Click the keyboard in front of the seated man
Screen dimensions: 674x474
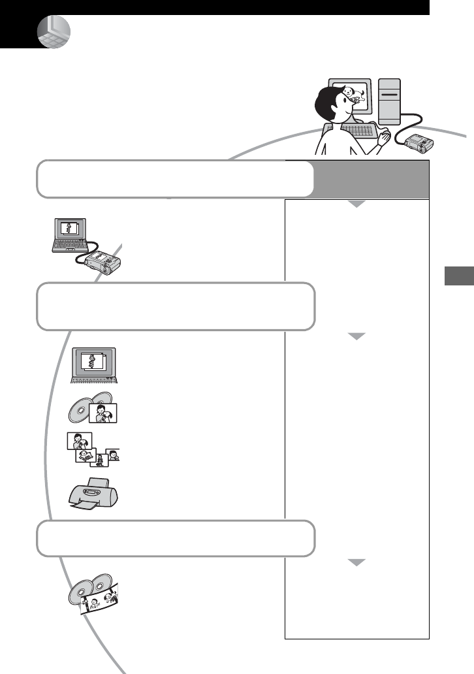coord(358,131)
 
